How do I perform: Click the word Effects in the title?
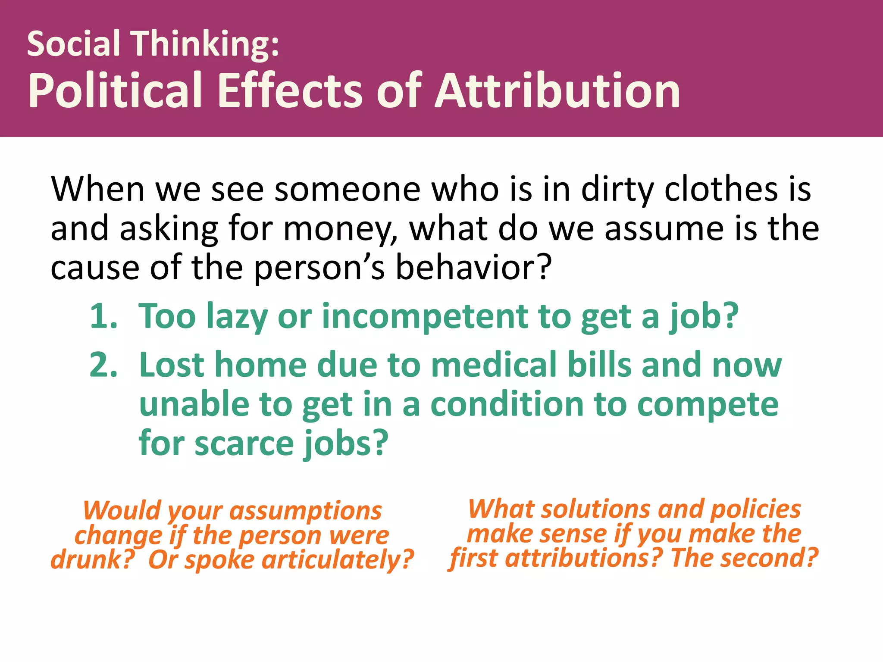pyautogui.click(x=290, y=91)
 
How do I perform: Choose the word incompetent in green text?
pyautogui.click(x=425, y=317)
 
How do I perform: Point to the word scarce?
pyautogui.click(x=244, y=443)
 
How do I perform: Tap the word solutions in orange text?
pyautogui.click(x=595, y=509)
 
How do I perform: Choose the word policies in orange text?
pyautogui.click(x=755, y=509)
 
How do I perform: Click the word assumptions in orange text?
pyautogui.click(x=305, y=511)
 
